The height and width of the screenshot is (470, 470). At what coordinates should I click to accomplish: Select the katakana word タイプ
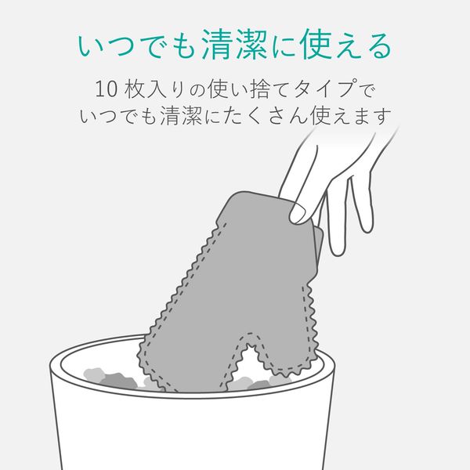pos(325,89)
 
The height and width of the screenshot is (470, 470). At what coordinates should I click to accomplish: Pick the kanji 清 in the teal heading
pos(218,45)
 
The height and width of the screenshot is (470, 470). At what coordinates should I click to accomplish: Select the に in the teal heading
pos(285,45)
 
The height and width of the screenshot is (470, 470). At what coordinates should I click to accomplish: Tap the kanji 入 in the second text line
pos(156,89)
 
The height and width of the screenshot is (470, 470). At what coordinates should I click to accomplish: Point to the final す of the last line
pos(382,116)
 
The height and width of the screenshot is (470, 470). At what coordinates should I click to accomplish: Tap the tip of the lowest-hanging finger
pos(338,251)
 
